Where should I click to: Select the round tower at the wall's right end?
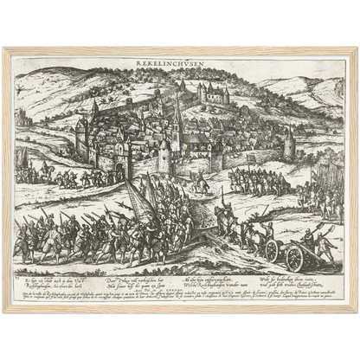click(289, 145)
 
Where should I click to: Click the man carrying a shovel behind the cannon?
click(327, 246)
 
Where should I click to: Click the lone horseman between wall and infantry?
click(200, 183)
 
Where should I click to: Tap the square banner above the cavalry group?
click(251, 159)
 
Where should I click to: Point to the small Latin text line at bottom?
click(179, 299)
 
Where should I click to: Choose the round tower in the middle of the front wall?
click(164, 156)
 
